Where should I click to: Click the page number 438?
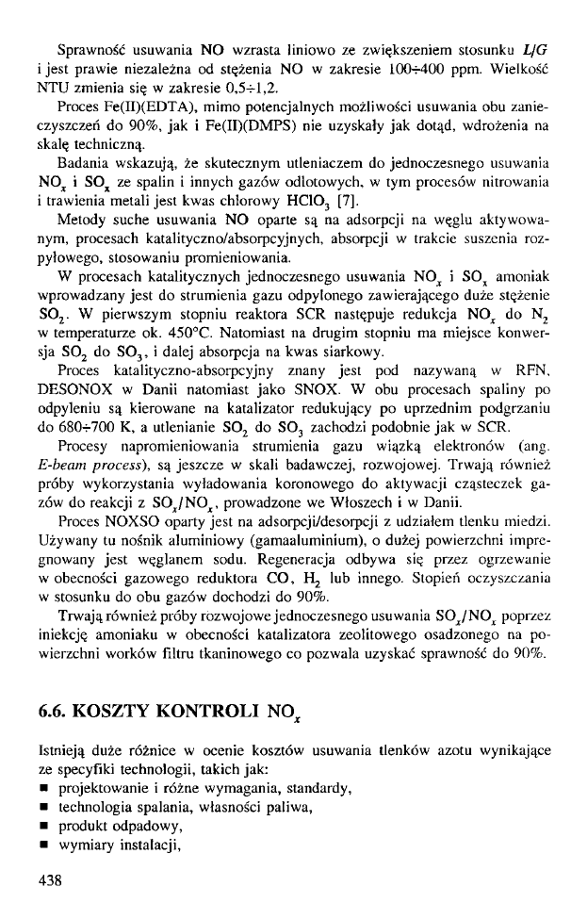(48, 881)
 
